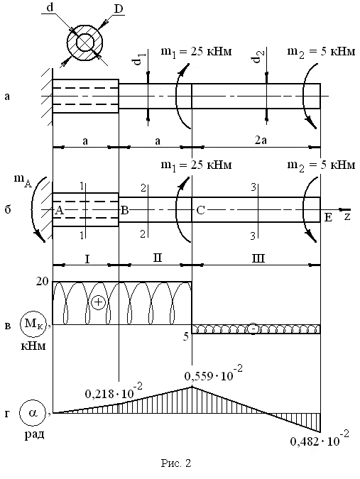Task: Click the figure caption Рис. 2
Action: (x=176, y=463)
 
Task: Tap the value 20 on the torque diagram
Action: (x=42, y=281)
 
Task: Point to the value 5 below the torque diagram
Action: (x=186, y=336)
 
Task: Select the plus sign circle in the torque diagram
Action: (x=98, y=302)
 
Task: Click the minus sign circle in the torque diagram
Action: (x=253, y=329)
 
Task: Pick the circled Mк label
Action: (x=33, y=324)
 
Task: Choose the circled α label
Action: (x=33, y=413)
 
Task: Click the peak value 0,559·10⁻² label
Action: (x=213, y=374)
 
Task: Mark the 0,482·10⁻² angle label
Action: (x=319, y=439)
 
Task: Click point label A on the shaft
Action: (x=59, y=210)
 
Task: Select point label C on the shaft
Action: (x=200, y=210)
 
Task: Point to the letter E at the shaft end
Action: (x=328, y=218)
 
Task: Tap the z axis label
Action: (x=347, y=217)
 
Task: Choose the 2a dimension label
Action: (x=261, y=141)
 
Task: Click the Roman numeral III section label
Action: (x=258, y=259)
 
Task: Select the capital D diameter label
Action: (x=119, y=9)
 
